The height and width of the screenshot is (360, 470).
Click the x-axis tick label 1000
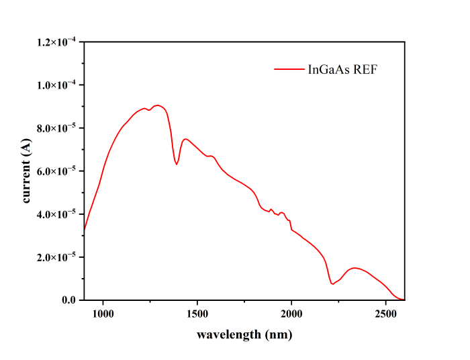pyautogui.click(x=103, y=313)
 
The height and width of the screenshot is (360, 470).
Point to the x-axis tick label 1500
pyautogui.click(x=197, y=313)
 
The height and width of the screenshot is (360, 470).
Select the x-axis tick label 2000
pyautogui.click(x=291, y=313)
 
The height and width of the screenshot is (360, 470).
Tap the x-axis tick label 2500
pyautogui.click(x=386, y=313)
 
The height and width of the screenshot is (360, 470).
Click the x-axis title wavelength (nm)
pyautogui.click(x=244, y=334)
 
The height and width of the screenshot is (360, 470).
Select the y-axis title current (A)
pyautogui.click(x=27, y=171)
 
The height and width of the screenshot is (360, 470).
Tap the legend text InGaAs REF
pyautogui.click(x=342, y=69)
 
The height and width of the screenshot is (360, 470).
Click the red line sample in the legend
pyautogui.click(x=289, y=69)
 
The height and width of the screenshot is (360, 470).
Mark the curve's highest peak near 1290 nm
pyautogui.click(x=157, y=105)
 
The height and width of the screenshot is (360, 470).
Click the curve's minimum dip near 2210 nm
pyautogui.click(x=332, y=284)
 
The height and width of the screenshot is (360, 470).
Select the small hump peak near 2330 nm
pyautogui.click(x=355, y=267)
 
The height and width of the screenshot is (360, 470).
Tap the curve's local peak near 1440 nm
pyautogui.click(x=185, y=139)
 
